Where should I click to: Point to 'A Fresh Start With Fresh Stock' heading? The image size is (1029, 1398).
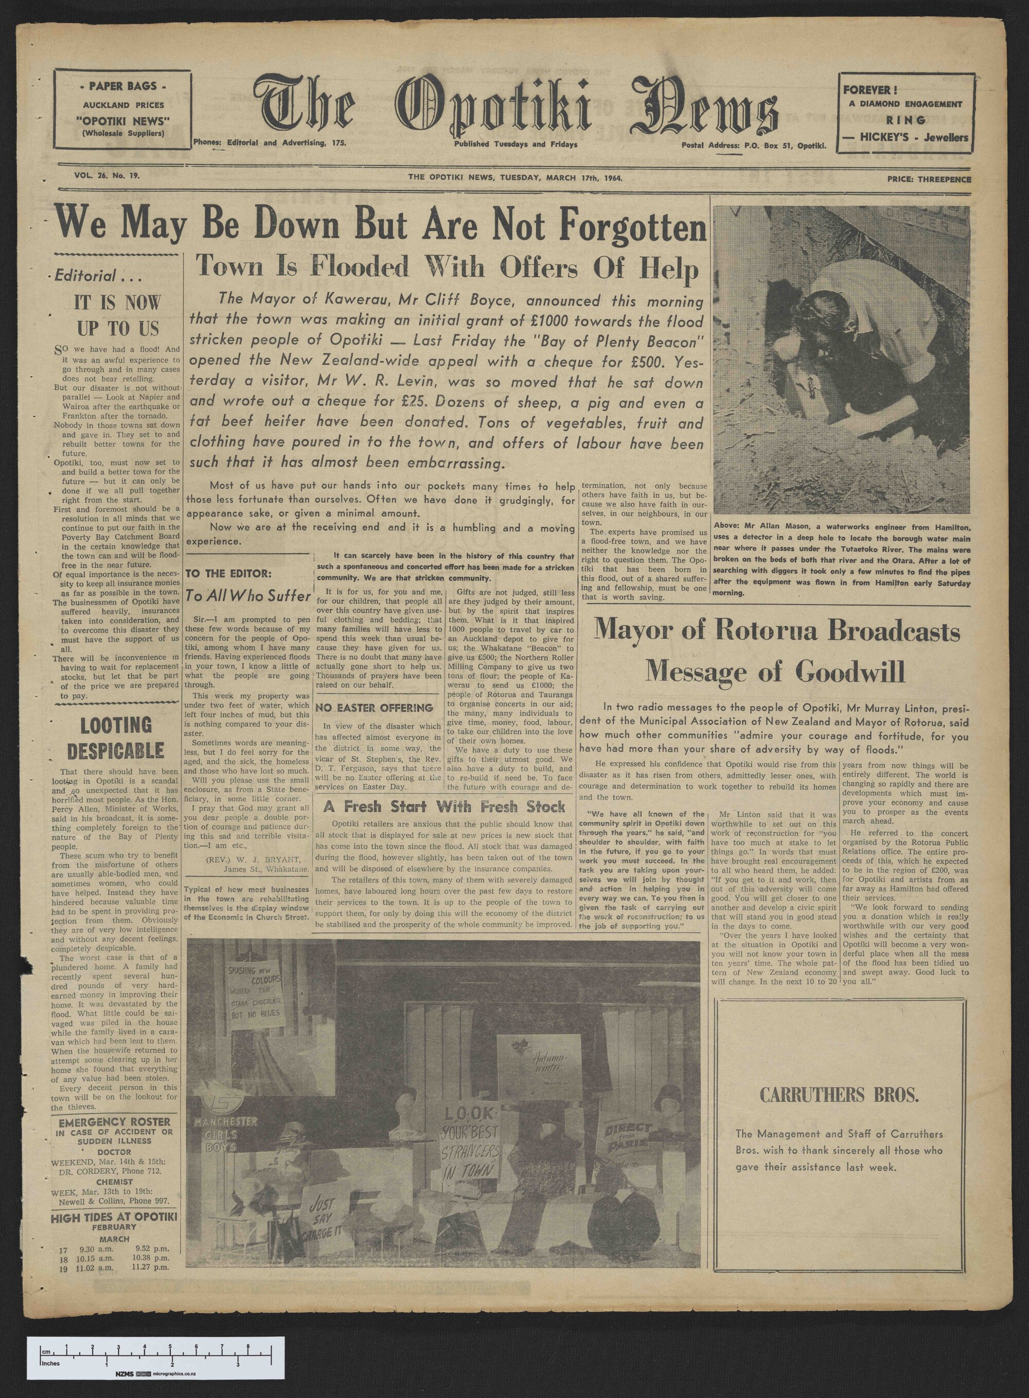point(445,807)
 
